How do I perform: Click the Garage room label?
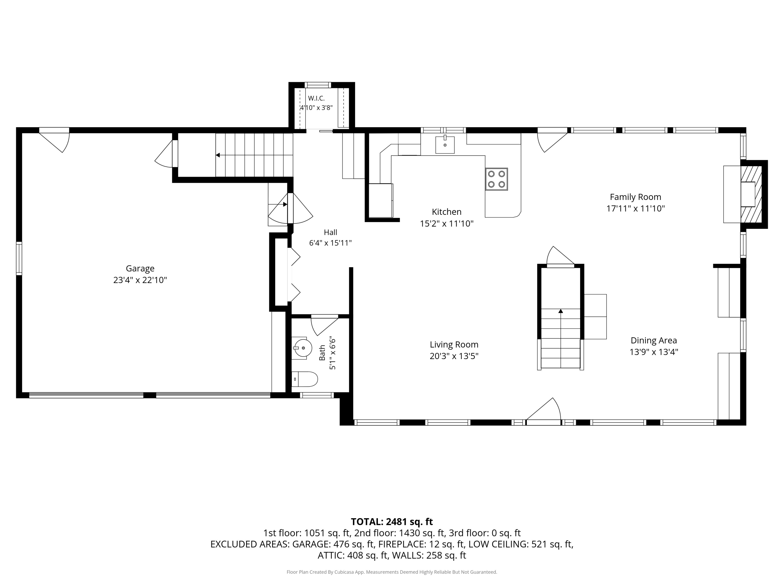pyautogui.click(x=140, y=268)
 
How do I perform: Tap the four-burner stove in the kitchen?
pyautogui.click(x=496, y=179)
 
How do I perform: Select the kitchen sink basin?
pyautogui.click(x=445, y=145)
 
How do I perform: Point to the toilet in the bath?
pyautogui.click(x=305, y=379)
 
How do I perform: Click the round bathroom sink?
pyautogui.click(x=303, y=348)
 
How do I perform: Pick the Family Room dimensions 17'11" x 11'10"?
pyautogui.click(x=636, y=208)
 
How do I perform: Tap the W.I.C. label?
pyautogui.click(x=316, y=98)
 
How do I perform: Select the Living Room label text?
pyautogui.click(x=454, y=344)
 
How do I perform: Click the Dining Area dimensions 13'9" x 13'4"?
pyautogui.click(x=654, y=352)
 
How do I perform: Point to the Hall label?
pyautogui.click(x=330, y=232)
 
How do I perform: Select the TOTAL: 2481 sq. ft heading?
pyautogui.click(x=392, y=522)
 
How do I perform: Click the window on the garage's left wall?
pyautogui.click(x=19, y=258)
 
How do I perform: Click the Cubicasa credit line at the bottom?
pyautogui.click(x=392, y=572)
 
